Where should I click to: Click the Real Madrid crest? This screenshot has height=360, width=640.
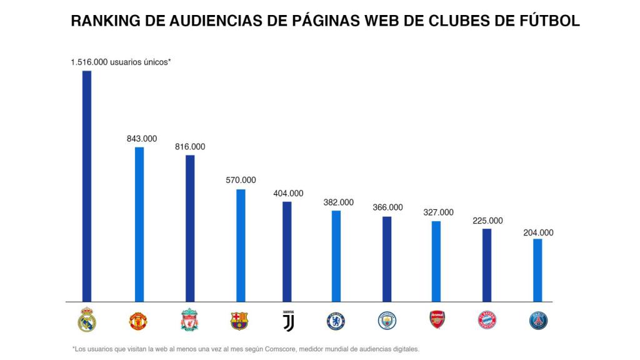point(87,320)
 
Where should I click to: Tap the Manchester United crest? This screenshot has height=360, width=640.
point(138,321)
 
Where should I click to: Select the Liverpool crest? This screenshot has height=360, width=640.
point(189,320)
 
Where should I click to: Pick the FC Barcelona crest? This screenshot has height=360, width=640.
point(239,321)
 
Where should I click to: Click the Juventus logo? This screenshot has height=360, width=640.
point(287,321)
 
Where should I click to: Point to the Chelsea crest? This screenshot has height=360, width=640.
point(336,321)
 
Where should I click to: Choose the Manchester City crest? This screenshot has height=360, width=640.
point(387,321)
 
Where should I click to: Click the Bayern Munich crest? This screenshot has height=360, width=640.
point(487,321)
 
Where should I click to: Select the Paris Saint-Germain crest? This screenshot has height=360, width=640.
point(537,321)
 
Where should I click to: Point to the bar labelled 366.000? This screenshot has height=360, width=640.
point(387,259)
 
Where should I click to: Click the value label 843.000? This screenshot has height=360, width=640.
point(142,139)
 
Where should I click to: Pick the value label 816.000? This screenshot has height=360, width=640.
point(190,147)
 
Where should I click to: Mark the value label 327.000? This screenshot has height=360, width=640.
point(438,212)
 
